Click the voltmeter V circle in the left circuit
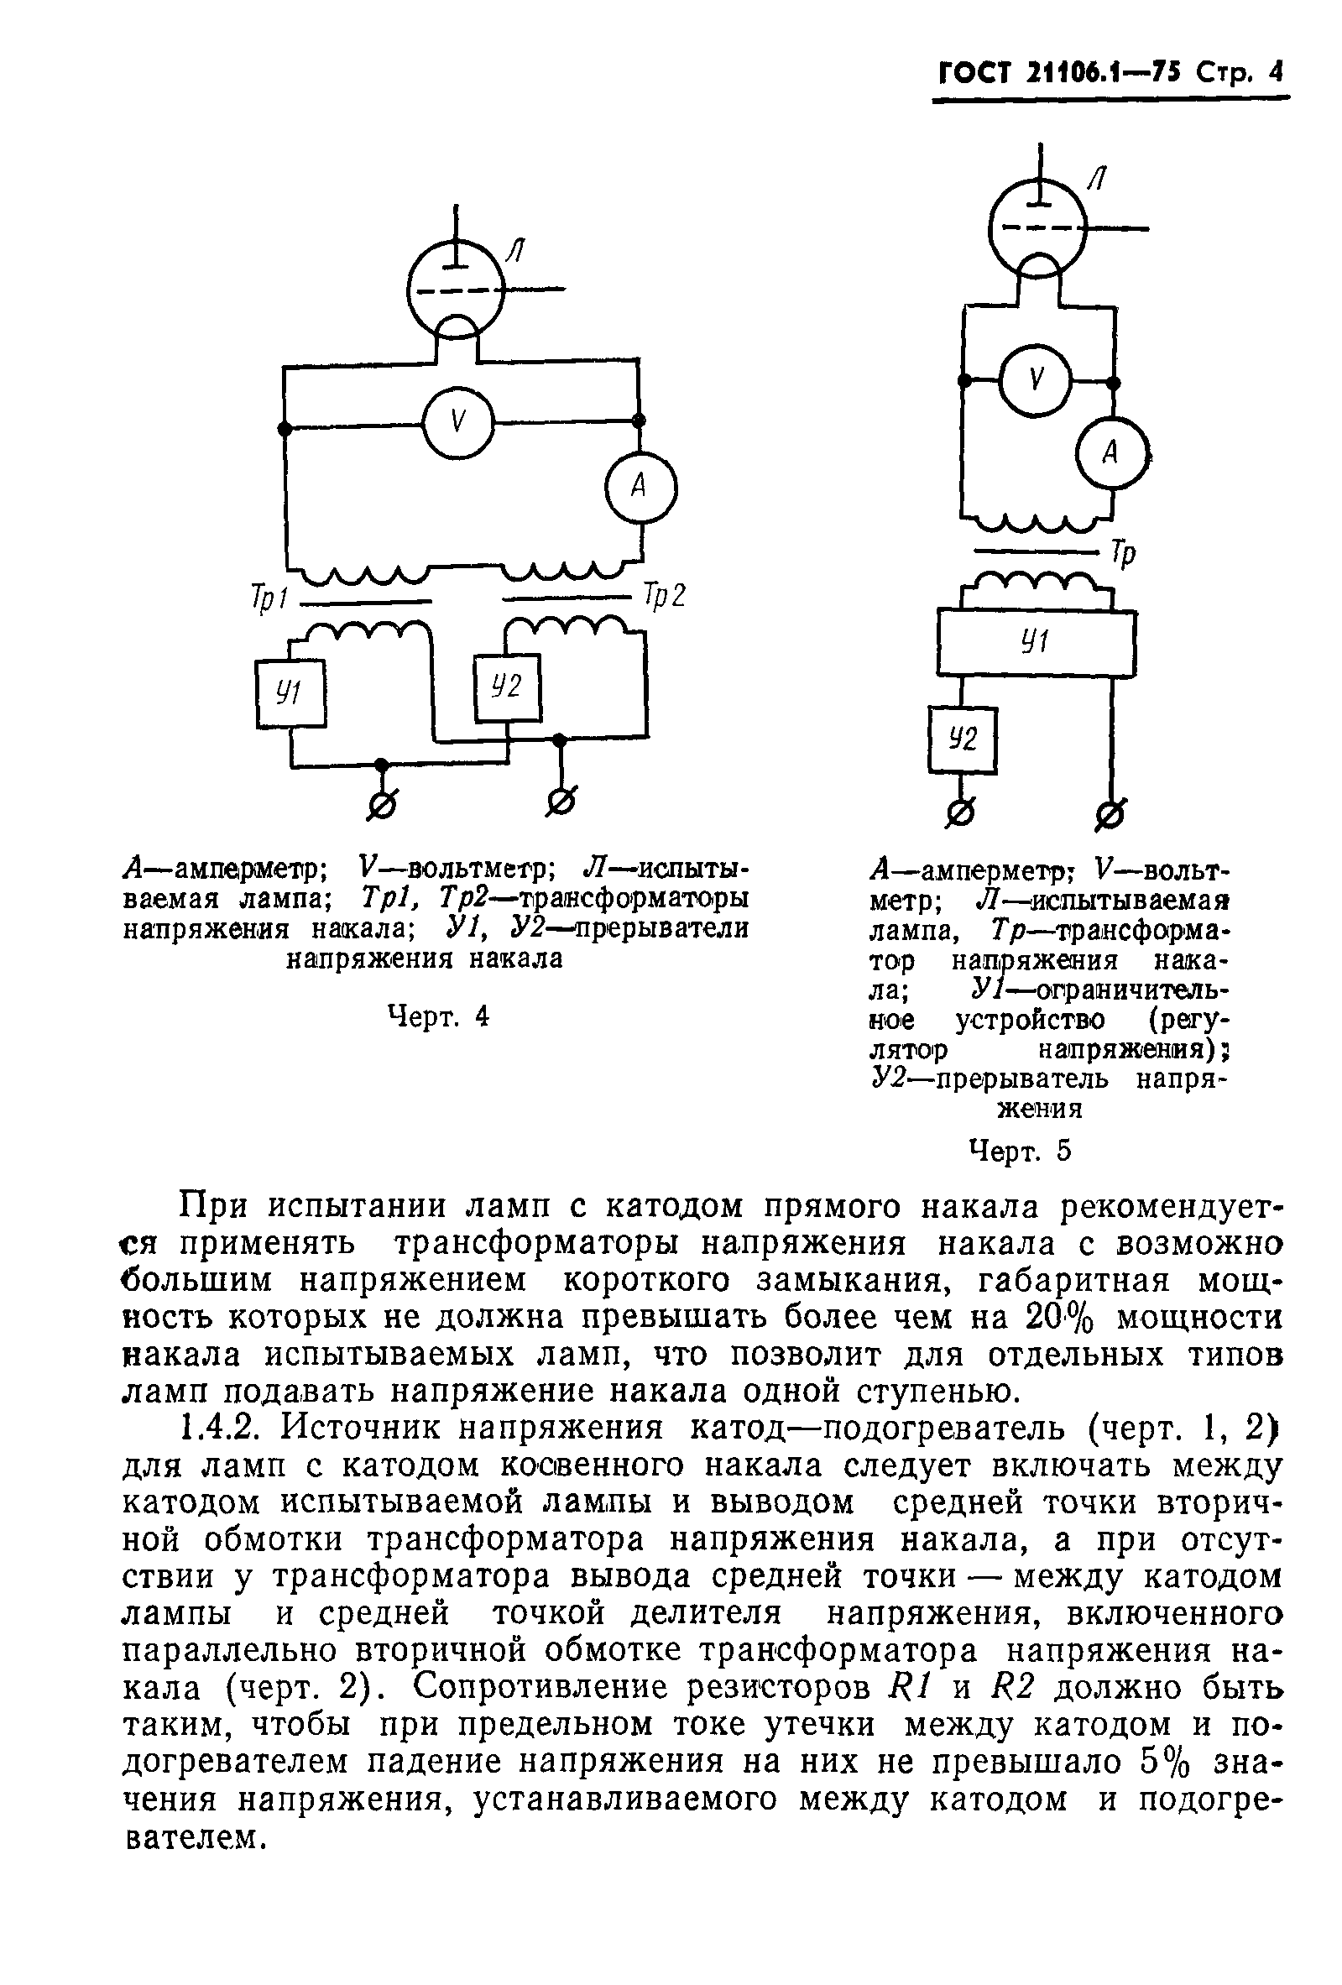tap(459, 422)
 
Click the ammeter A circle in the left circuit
tap(640, 488)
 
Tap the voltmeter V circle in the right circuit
tap(1036, 379)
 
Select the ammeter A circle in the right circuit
tap(1110, 452)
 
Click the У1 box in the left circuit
tap(290, 693)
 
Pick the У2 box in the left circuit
tap(508, 687)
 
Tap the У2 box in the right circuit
tap(963, 739)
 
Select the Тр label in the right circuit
tap(1123, 555)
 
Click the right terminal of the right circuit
tap(1110, 816)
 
